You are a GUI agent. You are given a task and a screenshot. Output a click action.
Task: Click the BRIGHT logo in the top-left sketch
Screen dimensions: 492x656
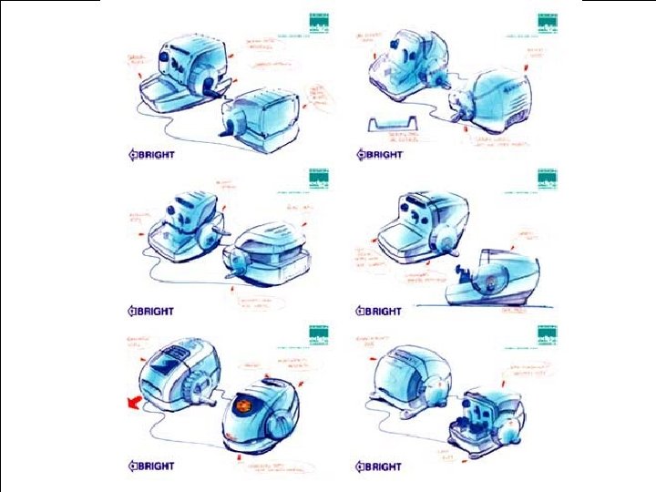[151, 154]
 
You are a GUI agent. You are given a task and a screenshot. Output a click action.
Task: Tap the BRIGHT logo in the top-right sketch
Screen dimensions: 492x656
[378, 154]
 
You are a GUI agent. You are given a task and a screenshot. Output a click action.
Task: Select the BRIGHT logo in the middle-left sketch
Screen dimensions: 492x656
[151, 311]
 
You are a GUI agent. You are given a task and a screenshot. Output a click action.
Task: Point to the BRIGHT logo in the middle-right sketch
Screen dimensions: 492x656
[378, 311]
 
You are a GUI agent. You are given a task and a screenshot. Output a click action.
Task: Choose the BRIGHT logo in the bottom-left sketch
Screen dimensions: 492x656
[151, 466]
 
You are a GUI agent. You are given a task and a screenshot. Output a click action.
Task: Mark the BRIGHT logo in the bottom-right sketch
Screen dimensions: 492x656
[378, 466]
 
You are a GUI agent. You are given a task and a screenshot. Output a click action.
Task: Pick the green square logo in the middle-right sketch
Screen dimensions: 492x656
[545, 179]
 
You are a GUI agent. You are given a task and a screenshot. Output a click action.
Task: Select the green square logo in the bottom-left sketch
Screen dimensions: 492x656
[318, 334]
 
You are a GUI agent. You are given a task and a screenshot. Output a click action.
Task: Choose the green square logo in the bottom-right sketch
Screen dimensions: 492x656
[545, 334]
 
